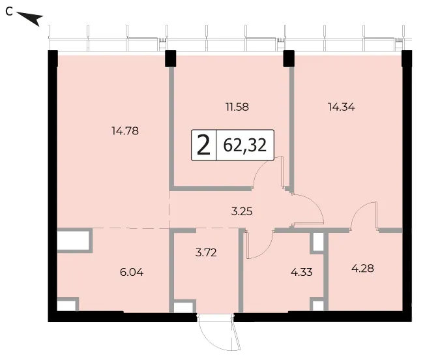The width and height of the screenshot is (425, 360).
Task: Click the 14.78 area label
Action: (125, 131)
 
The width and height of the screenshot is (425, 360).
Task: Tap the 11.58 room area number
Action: (237, 107)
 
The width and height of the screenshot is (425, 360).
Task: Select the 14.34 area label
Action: (342, 107)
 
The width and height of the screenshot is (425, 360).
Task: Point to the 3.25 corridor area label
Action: (242, 211)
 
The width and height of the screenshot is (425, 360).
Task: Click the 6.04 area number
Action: (132, 272)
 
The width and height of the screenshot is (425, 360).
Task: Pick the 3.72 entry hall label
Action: (206, 252)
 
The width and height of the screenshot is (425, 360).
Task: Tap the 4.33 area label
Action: (302, 272)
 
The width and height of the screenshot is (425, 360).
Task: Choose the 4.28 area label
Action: (362, 269)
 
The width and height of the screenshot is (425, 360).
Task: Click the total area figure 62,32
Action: (245, 145)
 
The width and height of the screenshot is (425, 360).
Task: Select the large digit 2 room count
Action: (203, 145)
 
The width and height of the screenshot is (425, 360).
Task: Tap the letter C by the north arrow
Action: (9, 12)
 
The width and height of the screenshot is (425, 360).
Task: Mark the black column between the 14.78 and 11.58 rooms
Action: (171, 59)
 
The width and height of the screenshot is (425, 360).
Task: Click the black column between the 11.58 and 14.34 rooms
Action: (289, 59)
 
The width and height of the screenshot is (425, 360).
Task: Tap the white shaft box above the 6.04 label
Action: (73, 240)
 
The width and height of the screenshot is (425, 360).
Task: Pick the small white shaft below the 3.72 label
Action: (183, 308)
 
